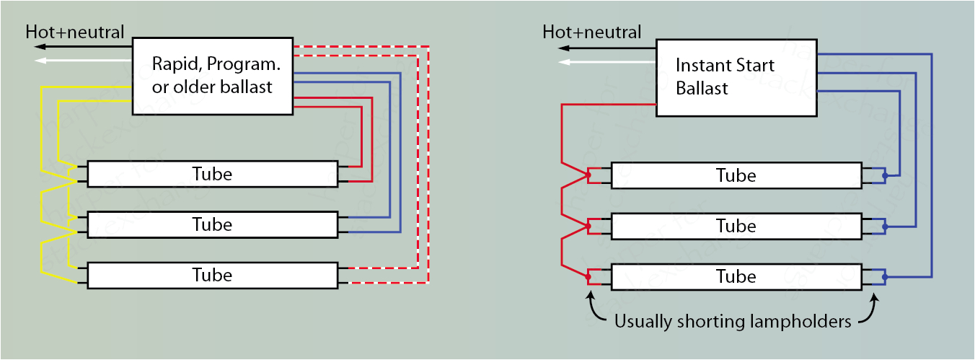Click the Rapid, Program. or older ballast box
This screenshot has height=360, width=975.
[x=213, y=76]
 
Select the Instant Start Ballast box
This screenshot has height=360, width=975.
[x=736, y=76]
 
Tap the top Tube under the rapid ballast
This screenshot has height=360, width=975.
[x=212, y=174]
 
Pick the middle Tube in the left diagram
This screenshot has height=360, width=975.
[x=212, y=224]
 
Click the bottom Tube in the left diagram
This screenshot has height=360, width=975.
[x=212, y=275]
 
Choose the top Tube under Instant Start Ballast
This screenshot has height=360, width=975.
[x=736, y=175]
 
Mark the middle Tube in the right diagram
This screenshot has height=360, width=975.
[x=736, y=226]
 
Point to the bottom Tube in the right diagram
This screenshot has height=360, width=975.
[x=736, y=276]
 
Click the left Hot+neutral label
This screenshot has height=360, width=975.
[x=75, y=32]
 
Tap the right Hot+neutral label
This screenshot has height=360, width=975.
[x=591, y=32]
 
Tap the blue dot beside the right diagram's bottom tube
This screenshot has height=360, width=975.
[x=885, y=277]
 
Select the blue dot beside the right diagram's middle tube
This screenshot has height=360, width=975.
[x=885, y=227]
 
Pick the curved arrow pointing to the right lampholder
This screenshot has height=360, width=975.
[x=870, y=307]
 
